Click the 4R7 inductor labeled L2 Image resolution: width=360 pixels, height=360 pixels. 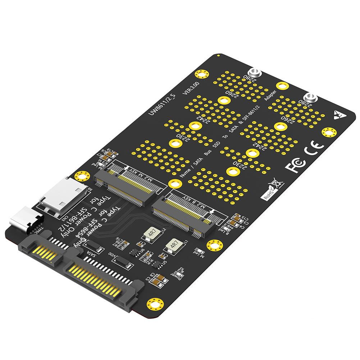(x=151, y=233)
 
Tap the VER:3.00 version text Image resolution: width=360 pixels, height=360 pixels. (x=190, y=88)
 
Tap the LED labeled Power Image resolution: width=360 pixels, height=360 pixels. (x=179, y=274)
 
